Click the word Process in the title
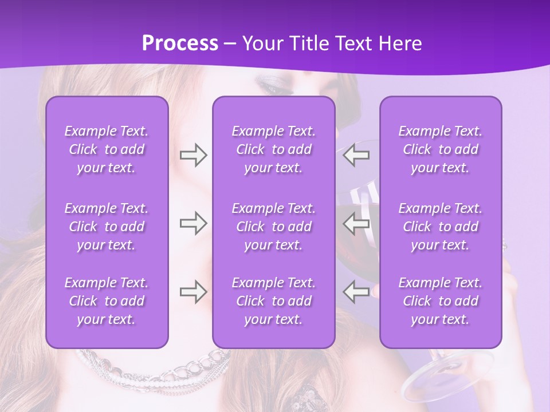coord(180,43)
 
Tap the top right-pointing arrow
coord(193,155)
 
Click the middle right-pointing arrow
coord(193,224)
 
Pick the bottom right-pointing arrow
coord(193,292)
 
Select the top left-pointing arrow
coord(356,155)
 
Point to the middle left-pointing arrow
coord(356,224)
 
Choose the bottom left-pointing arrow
coord(356,292)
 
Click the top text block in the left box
coord(107,149)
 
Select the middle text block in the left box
coord(107,227)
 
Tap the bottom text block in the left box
coord(107,301)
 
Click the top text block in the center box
coord(273,149)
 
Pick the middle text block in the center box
coord(273,227)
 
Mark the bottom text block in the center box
coord(273,301)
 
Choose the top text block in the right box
coord(440,149)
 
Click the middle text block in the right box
coord(440,227)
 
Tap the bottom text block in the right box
coord(440,301)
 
